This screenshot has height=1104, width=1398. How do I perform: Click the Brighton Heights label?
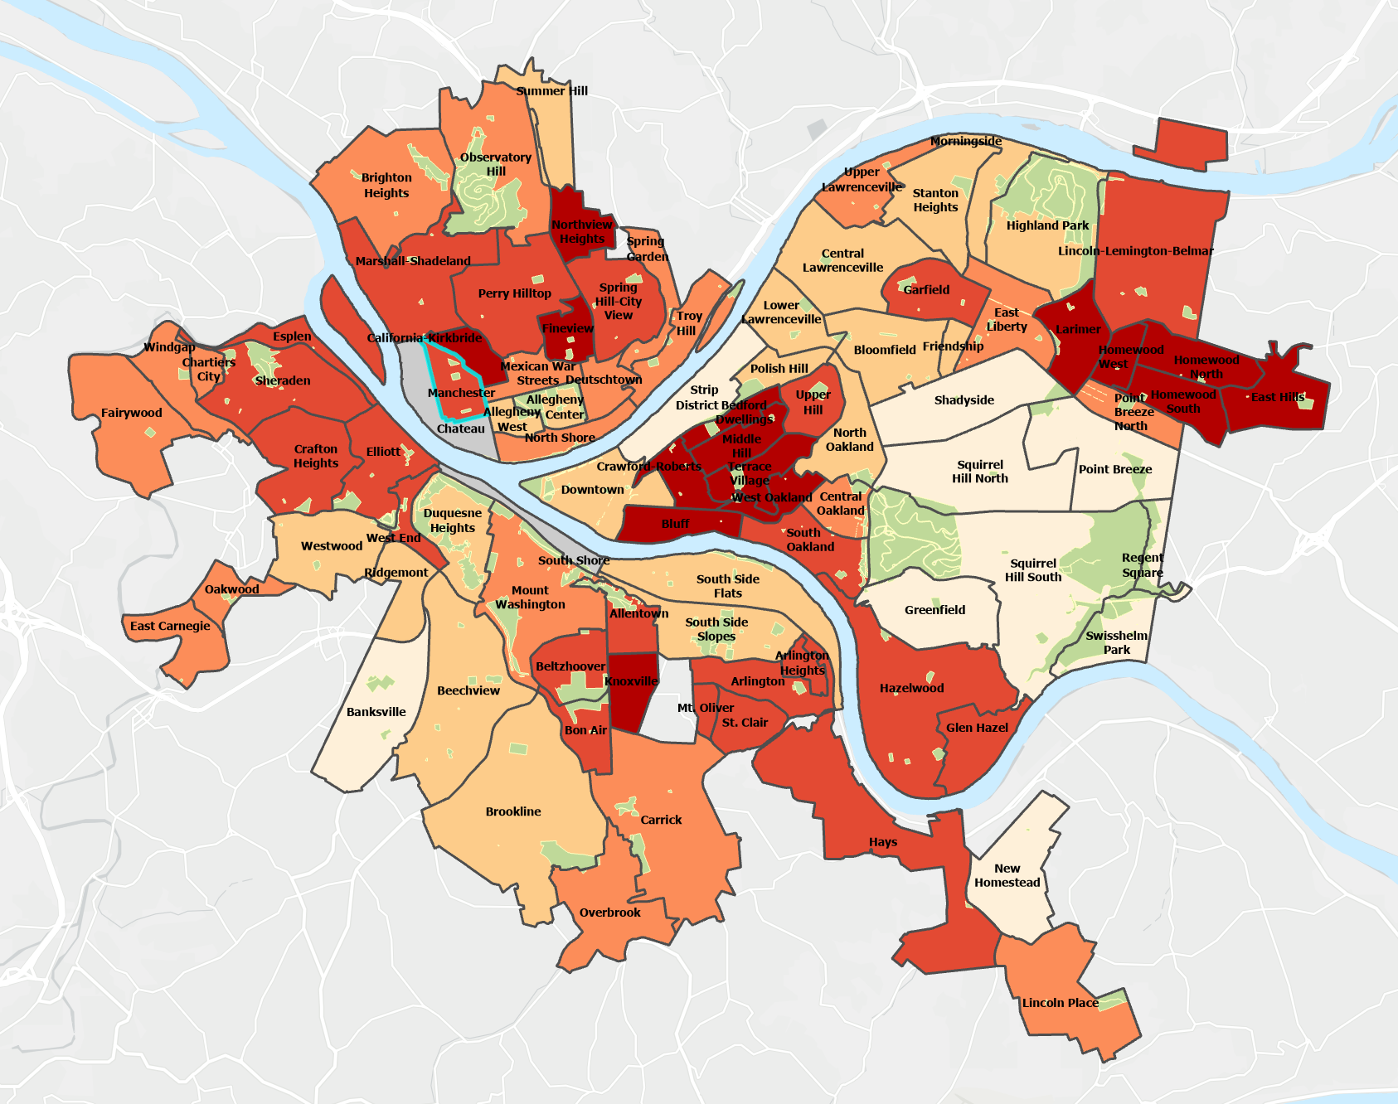pos(386,185)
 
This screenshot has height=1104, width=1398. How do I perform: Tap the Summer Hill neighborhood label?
pos(551,91)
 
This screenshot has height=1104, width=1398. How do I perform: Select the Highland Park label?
pos(1047,225)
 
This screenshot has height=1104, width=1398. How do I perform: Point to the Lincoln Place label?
pos(1060,1003)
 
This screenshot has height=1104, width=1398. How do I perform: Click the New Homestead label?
pos(1007,875)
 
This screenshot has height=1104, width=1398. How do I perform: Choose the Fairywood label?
pos(131,413)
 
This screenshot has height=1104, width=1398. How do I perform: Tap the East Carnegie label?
pos(170,626)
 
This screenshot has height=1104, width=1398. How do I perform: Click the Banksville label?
pos(376,712)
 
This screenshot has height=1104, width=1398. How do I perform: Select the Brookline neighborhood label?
pos(513,811)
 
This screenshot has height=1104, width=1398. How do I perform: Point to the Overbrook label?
pos(609,913)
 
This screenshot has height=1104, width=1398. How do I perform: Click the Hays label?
pos(883,842)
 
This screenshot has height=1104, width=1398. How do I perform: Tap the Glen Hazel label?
pos(977,728)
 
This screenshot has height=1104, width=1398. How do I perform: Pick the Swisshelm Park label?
pos(1116,642)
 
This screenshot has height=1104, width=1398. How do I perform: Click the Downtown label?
pos(592,490)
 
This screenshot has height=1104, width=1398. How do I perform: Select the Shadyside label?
pos(964,400)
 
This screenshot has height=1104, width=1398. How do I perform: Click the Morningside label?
pos(965,141)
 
